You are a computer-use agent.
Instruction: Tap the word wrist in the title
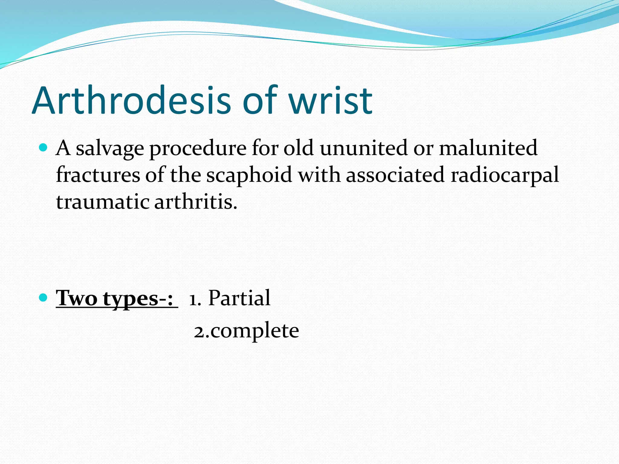330,101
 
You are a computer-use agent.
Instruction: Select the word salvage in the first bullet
110,149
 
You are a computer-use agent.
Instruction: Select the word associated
395,175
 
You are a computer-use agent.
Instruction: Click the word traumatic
102,202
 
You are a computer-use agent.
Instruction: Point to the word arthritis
196,202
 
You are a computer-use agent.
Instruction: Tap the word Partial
239,298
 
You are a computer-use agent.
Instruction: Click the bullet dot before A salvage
44,148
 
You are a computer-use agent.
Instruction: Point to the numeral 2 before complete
199,332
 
